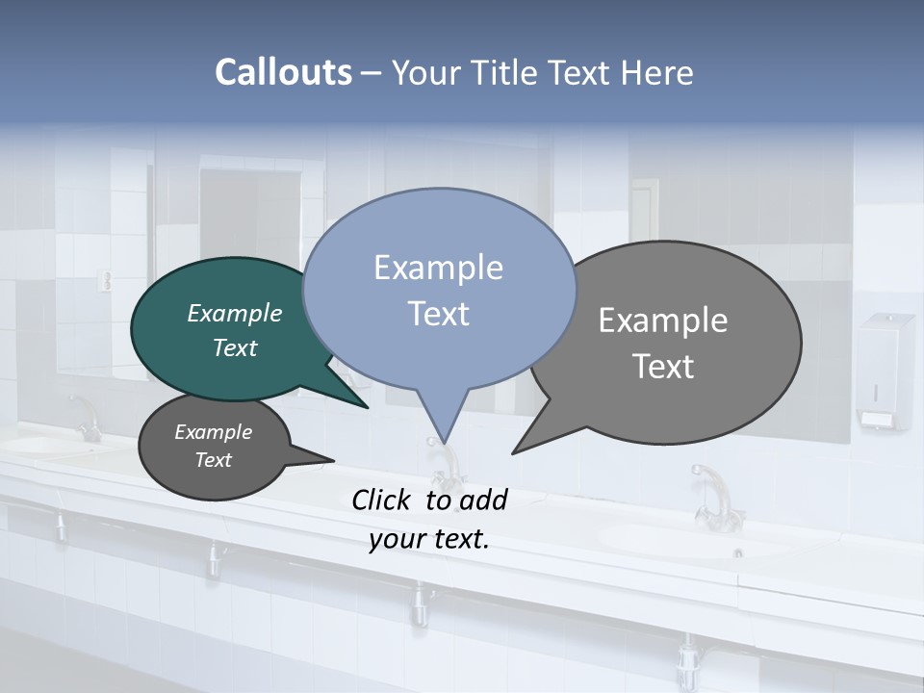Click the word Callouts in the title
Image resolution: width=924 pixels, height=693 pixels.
click(283, 72)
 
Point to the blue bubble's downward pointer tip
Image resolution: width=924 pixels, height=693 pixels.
click(444, 440)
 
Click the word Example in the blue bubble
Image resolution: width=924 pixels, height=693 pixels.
click(438, 268)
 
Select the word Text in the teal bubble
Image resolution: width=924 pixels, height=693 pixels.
click(235, 347)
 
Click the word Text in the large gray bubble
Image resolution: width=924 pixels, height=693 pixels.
click(663, 367)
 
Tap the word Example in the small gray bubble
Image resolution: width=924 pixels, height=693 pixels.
click(213, 432)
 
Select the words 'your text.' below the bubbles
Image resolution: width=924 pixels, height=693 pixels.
click(429, 539)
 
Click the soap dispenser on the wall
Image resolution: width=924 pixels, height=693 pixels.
click(885, 371)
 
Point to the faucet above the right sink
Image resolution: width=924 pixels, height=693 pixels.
click(712, 496)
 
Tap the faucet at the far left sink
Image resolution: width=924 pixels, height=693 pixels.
click(87, 419)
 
